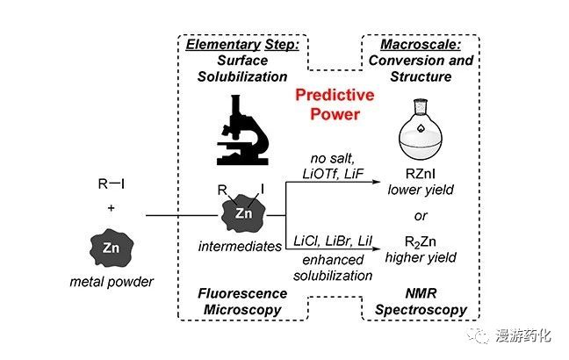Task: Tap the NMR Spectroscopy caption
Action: tap(416, 304)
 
